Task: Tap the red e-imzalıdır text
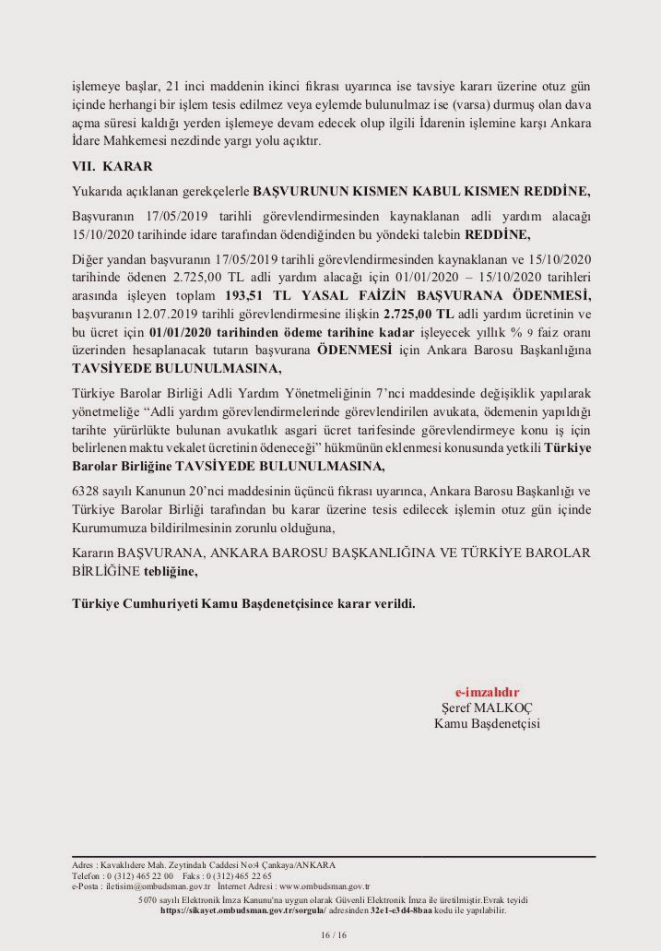pos(487,691)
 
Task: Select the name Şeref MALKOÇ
pos(487,707)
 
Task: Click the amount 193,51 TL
pos(260,297)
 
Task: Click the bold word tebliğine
pos(170,572)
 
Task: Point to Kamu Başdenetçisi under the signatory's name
pos(487,723)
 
